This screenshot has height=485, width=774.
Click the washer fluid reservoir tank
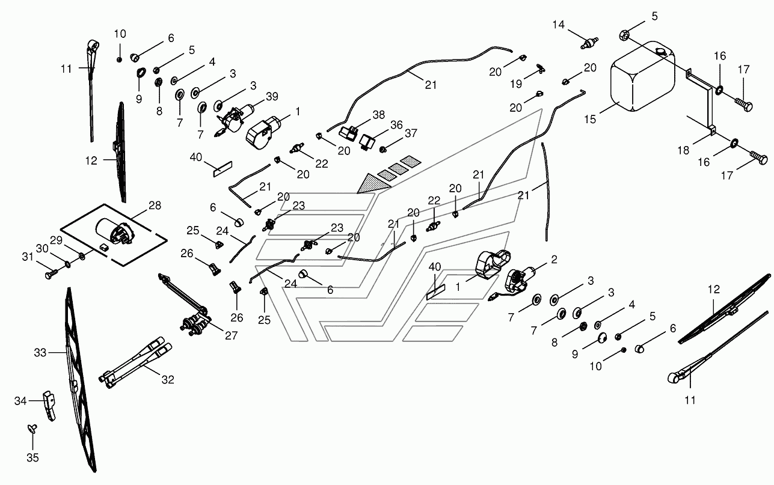click(643, 77)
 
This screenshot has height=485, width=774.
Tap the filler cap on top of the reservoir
click(661, 52)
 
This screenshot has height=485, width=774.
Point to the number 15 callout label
click(590, 120)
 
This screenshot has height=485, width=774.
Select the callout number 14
click(558, 25)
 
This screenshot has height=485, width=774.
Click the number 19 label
click(516, 84)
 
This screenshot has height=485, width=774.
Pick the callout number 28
click(155, 206)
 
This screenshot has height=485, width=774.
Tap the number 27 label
click(231, 335)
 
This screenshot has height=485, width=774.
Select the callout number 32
click(168, 380)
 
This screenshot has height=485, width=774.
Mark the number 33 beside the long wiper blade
click(40, 353)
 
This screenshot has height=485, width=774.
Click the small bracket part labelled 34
click(49, 406)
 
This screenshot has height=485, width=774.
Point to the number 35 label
click(33, 458)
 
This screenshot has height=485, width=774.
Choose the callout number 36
click(396, 125)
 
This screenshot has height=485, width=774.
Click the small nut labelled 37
click(382, 150)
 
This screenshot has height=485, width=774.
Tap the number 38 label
click(379, 115)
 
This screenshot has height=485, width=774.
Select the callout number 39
click(272, 96)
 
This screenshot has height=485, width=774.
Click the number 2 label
click(554, 260)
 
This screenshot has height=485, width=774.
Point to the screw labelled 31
click(51, 275)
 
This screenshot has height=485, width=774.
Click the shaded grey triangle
click(373, 183)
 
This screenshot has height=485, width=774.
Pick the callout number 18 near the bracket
click(683, 150)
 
